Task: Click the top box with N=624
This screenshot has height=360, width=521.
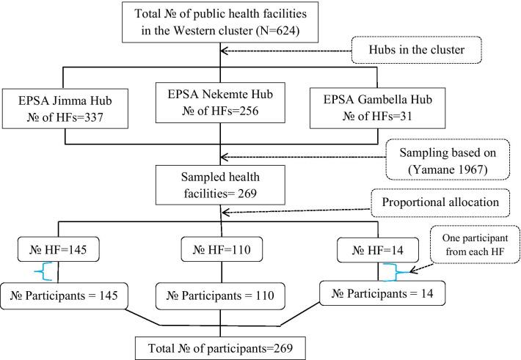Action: pos(221,23)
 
